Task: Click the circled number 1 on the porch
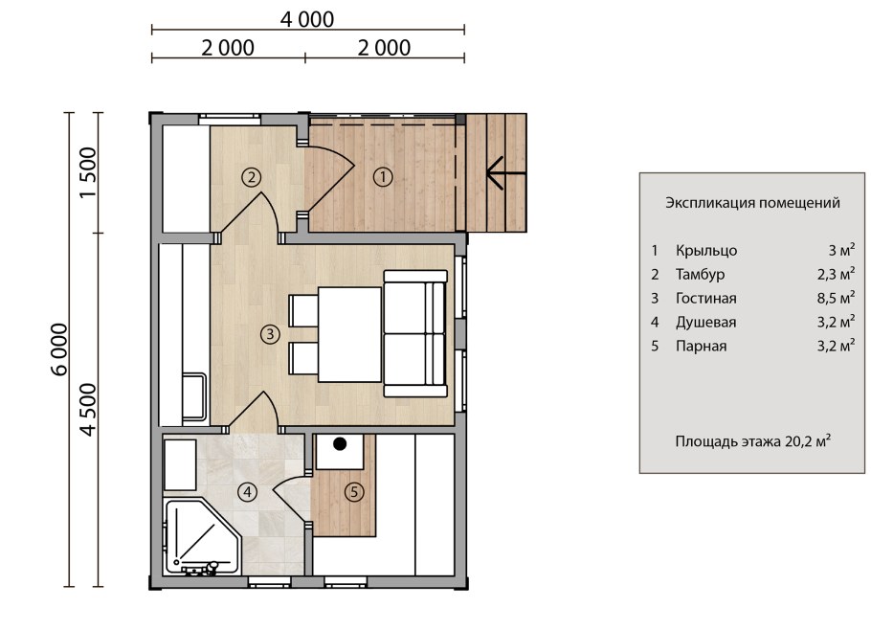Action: tap(383, 177)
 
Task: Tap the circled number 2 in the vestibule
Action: tap(252, 177)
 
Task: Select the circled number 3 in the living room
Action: tap(271, 334)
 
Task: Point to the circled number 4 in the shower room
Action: tap(247, 492)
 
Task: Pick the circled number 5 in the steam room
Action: tap(354, 492)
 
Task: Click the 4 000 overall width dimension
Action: tap(307, 19)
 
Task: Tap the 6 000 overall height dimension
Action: tap(59, 349)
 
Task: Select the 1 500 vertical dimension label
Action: tap(88, 172)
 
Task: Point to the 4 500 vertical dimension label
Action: tap(88, 410)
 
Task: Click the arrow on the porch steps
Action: tap(506, 173)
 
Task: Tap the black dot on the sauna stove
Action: tap(340, 444)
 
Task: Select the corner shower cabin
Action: tap(203, 537)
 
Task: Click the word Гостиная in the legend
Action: tap(706, 299)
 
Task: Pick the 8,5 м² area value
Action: tap(836, 298)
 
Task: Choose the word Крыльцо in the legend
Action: tap(706, 251)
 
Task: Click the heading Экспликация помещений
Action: tap(752, 203)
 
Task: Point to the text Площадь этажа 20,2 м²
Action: tap(753, 441)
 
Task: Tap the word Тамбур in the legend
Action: tap(700, 275)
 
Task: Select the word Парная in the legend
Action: tap(701, 346)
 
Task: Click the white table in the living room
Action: tap(350, 334)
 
